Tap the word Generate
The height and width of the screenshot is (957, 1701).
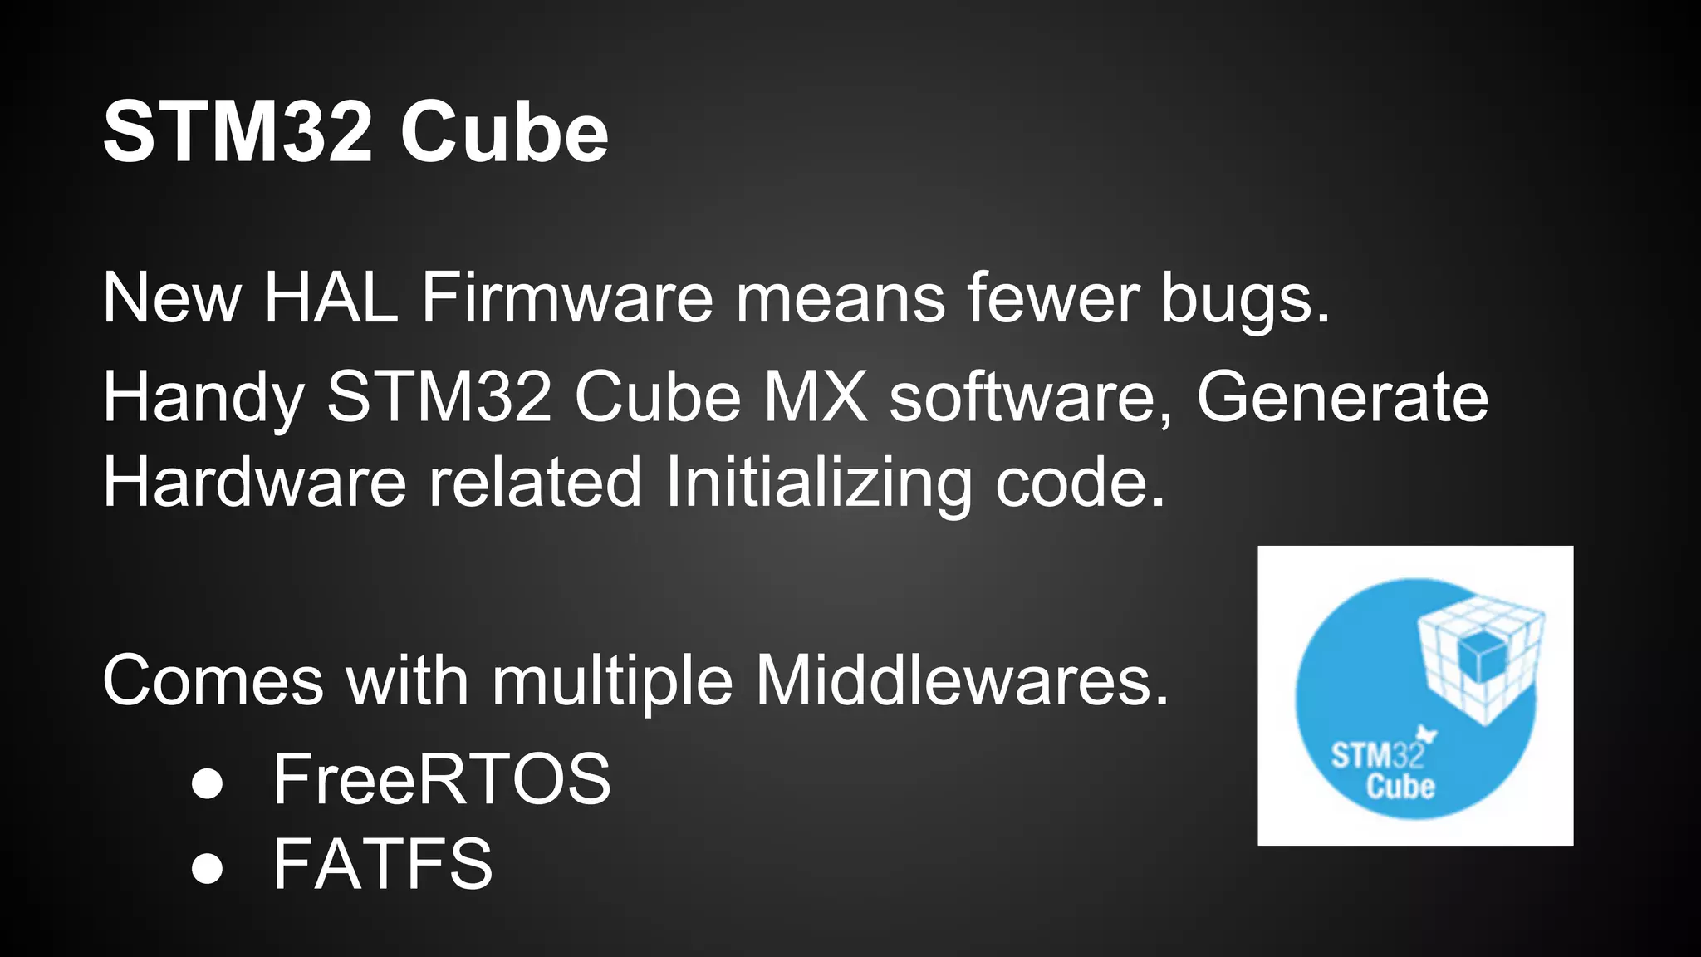point(1342,397)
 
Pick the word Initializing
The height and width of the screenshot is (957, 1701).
point(819,483)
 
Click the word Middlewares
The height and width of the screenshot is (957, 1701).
point(962,680)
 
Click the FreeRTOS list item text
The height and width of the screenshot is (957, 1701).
point(442,779)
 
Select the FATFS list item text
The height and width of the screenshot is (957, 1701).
point(383,864)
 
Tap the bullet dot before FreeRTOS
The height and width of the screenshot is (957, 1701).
point(207,783)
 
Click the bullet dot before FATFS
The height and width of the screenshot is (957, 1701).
point(207,867)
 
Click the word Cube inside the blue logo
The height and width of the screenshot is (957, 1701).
point(1400,786)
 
